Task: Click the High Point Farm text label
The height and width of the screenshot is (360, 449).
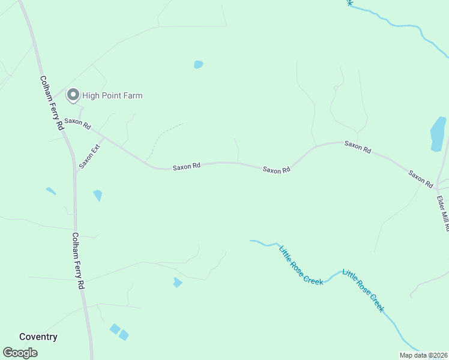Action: click(112, 95)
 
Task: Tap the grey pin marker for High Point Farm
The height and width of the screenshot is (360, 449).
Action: click(73, 95)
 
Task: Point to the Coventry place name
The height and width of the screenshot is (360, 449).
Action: click(38, 337)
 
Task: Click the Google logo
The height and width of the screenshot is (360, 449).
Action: click(20, 353)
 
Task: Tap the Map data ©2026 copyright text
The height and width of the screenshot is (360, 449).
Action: click(423, 355)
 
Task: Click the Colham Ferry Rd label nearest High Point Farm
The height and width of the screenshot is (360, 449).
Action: click(51, 103)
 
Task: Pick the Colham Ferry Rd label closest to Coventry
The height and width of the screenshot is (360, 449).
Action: click(76, 261)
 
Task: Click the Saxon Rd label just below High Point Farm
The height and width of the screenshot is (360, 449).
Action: click(77, 124)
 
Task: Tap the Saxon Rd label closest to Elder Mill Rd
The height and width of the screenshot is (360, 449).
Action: click(420, 179)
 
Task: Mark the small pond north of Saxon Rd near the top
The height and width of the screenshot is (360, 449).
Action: click(198, 65)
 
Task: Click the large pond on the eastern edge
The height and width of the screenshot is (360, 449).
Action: click(438, 133)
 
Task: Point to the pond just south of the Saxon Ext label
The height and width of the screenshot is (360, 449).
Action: click(97, 195)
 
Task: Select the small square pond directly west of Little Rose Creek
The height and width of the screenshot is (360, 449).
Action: click(177, 282)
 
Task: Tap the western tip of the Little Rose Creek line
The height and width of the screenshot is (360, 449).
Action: click(251, 241)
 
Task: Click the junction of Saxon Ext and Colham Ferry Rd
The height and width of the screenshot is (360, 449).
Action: click(76, 172)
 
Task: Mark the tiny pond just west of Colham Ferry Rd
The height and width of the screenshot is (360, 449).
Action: click(51, 191)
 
